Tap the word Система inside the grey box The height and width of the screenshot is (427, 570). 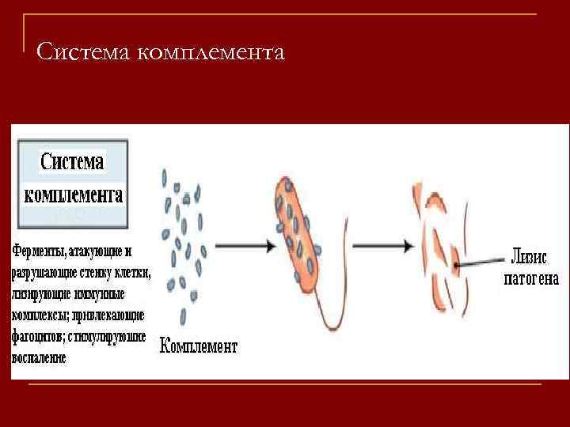[72, 163]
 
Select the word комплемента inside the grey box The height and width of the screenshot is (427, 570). [73, 195]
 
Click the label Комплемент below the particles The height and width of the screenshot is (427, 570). [199, 346]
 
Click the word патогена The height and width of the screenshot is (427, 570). [532, 278]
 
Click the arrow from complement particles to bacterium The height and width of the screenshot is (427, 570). [245, 246]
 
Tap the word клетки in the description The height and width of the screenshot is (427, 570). [135, 273]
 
